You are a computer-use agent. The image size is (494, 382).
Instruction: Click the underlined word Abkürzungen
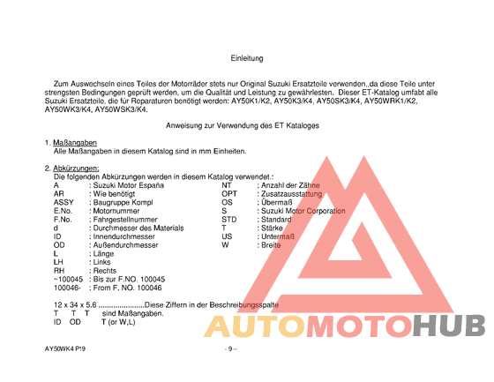point(76,168)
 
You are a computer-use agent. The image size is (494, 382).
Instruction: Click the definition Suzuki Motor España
point(127,185)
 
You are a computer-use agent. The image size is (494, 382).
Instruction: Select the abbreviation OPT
point(229,194)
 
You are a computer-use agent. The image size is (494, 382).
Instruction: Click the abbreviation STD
point(229,220)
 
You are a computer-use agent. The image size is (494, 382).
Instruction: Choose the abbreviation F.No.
point(64,220)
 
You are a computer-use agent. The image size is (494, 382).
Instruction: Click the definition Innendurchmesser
point(126,236)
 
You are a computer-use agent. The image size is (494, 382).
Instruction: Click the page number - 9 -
point(230,348)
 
